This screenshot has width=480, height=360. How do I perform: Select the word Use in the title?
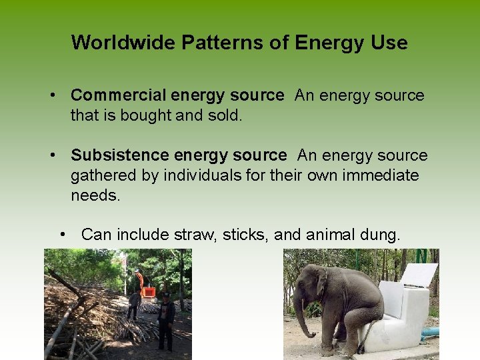click(390, 43)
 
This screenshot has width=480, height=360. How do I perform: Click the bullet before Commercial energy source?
click(52, 96)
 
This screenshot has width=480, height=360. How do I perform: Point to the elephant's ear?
click(323, 283)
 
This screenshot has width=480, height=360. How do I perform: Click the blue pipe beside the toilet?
click(429, 332)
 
